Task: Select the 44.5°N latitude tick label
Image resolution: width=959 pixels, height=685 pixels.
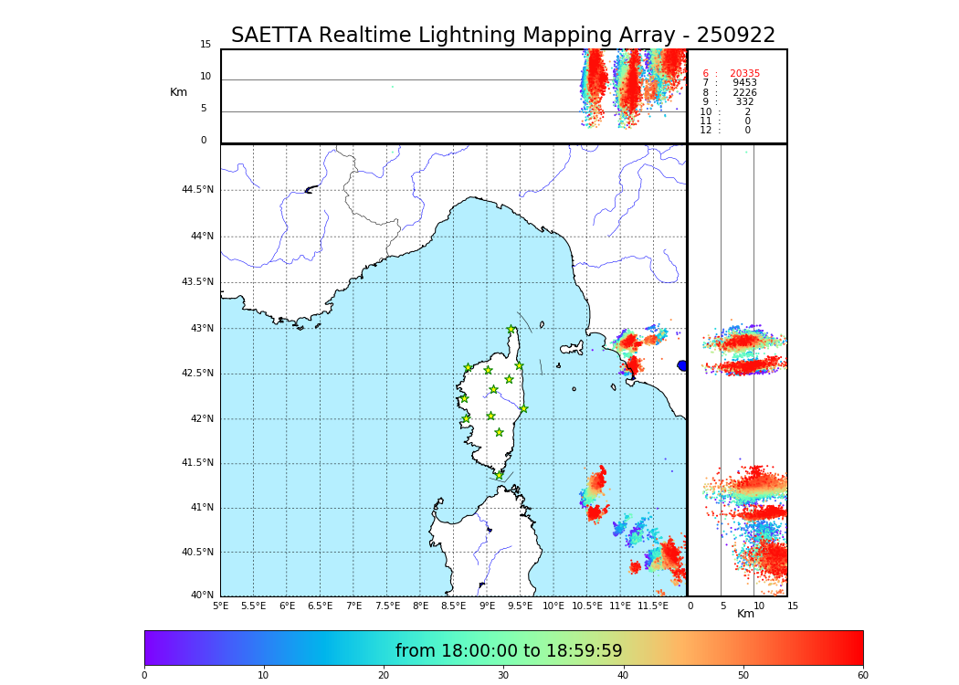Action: coord(197,190)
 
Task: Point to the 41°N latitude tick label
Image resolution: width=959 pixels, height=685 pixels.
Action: coord(200,508)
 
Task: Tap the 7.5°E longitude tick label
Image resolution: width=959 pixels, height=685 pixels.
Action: coord(387,606)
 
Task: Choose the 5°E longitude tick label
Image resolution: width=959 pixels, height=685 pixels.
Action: coord(221,606)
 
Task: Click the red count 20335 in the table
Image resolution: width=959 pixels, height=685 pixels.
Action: coord(744,74)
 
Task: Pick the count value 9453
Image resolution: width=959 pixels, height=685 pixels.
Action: coord(744,83)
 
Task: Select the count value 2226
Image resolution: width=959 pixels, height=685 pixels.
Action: coord(744,93)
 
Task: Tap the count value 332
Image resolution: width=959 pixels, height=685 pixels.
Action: coord(744,102)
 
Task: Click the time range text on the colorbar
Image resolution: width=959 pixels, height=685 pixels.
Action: coord(509,651)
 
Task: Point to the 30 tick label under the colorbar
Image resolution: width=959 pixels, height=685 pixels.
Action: coord(503,676)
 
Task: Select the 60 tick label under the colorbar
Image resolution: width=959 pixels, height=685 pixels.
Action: coord(862,676)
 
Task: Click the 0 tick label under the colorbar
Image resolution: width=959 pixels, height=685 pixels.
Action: coord(144,676)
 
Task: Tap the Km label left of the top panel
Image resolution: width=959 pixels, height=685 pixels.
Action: coord(178,92)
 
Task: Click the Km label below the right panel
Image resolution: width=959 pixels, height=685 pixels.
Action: coord(745,614)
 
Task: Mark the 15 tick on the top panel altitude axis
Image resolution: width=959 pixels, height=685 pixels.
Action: coord(205,45)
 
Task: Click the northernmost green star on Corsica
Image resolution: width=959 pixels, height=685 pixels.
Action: coord(511,330)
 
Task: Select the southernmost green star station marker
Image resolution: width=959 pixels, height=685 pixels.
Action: coord(499,475)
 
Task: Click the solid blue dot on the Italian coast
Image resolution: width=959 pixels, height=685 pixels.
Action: coord(682,365)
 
